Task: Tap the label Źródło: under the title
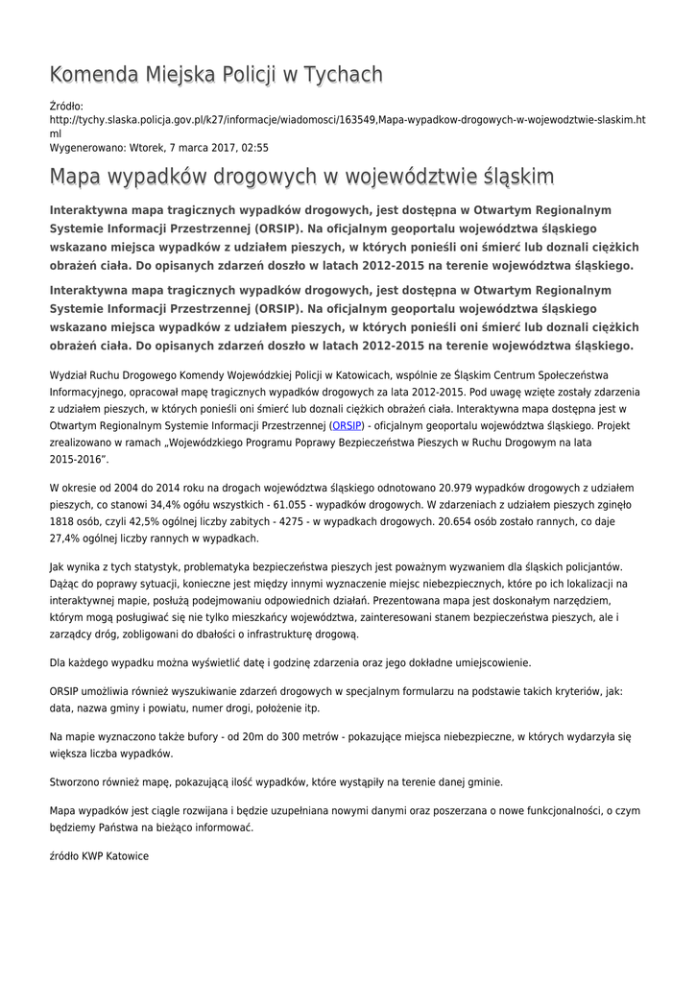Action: pos(66,106)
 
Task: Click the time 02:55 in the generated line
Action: pos(254,148)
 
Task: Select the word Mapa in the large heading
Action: pos(78,178)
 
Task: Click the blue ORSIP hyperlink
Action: pos(347,425)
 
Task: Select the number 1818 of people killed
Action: pos(64,522)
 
